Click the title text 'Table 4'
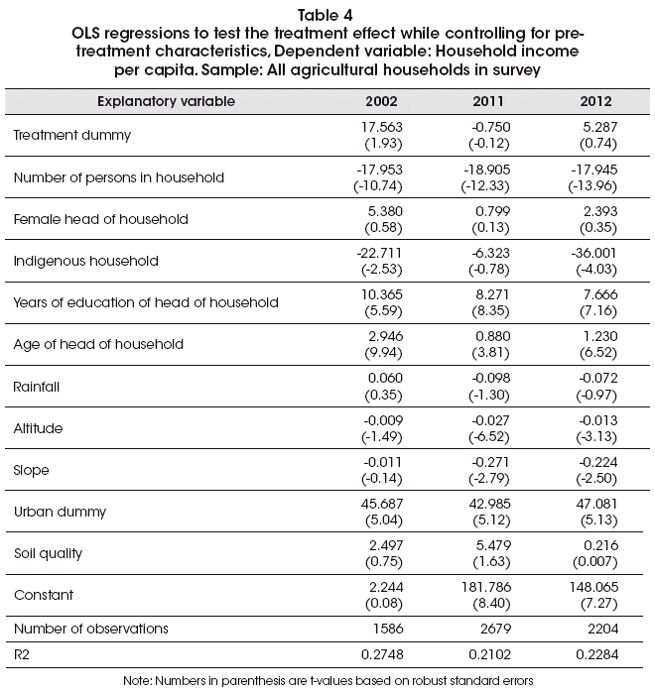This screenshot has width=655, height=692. [x=326, y=16]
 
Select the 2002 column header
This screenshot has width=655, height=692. [x=381, y=101]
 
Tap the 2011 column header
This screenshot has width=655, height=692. [x=488, y=101]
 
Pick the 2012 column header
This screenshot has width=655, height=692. [x=595, y=101]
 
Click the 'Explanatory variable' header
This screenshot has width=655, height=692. [x=166, y=101]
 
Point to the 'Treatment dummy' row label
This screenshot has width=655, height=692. [x=72, y=135]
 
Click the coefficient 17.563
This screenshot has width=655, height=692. [x=382, y=127]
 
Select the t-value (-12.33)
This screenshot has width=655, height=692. [x=485, y=185]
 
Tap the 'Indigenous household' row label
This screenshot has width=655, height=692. [x=85, y=261]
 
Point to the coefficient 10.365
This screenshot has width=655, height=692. [x=382, y=294]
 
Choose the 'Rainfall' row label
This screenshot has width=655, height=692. [x=36, y=387]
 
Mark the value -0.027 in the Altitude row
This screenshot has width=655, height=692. [x=490, y=420]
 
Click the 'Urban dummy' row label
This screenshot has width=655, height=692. [x=61, y=512]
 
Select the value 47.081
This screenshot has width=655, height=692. [x=596, y=504]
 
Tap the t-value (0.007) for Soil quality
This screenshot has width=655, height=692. [x=594, y=562]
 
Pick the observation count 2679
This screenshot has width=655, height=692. [x=495, y=629]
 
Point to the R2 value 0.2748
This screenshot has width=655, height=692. [x=382, y=654]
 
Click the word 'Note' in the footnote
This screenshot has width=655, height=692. [x=137, y=681]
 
